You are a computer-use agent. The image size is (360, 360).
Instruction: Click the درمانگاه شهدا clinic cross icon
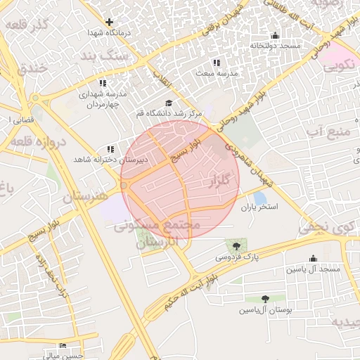coord(109,22)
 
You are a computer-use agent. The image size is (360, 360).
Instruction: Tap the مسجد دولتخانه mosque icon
coord(275,35)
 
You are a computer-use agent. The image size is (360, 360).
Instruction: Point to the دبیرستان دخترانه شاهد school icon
coord(110,149)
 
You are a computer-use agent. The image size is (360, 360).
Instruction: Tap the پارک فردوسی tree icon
coord(236,245)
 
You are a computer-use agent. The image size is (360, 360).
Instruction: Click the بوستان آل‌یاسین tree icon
coord(265,299)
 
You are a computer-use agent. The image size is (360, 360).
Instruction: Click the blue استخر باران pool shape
coord(259,198)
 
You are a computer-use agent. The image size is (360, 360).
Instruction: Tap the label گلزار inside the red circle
coord(219,182)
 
